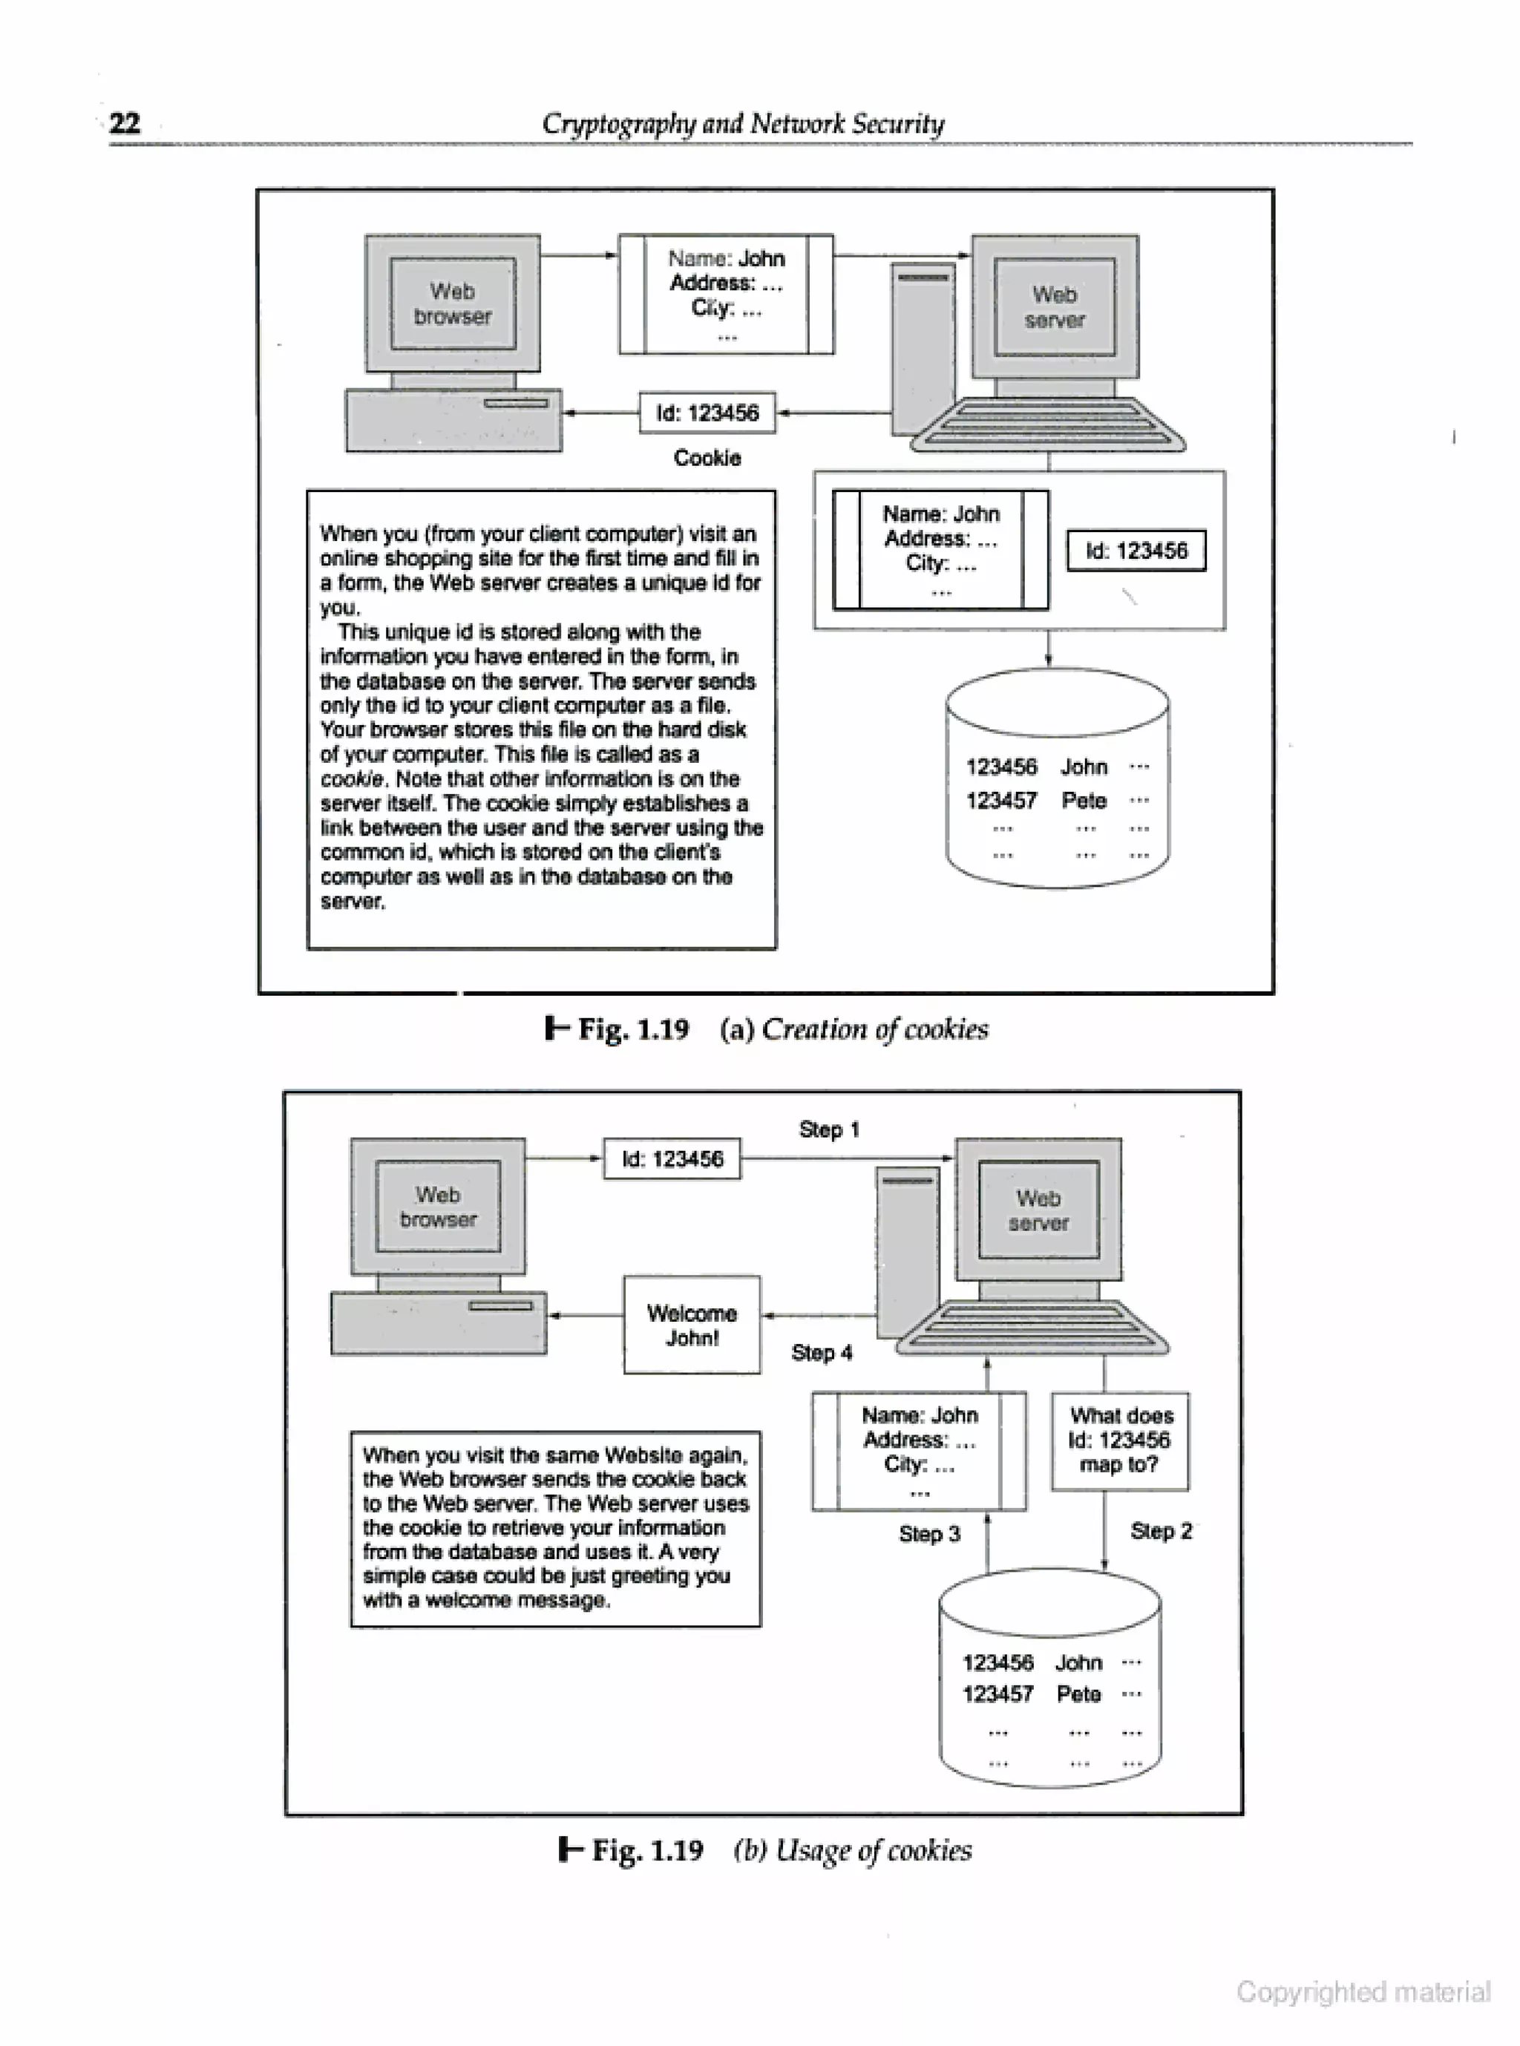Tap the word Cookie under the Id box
tap(707, 458)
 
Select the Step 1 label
tap(829, 1129)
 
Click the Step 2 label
tap(1160, 1531)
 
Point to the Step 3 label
tap(929, 1534)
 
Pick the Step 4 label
tap(822, 1352)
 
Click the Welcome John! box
tap(692, 1325)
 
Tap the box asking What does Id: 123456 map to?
tap(1120, 1440)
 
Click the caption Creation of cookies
tap(874, 1029)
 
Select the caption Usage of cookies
tap(873, 1849)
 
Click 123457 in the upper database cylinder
tap(1001, 801)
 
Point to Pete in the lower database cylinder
tap(1078, 1693)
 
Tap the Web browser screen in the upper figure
tap(453, 304)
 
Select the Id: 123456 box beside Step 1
tap(672, 1159)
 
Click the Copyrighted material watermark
tap(1363, 1991)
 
